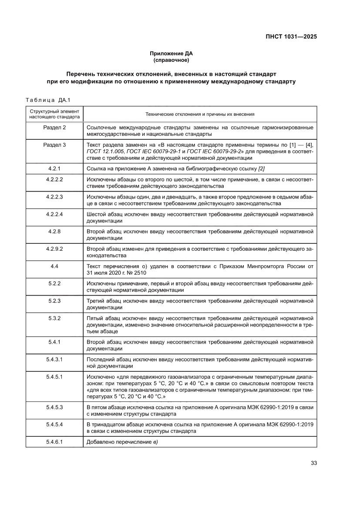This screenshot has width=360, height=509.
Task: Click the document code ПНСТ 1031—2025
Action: [292, 37]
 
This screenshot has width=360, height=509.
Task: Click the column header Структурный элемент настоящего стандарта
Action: [54, 114]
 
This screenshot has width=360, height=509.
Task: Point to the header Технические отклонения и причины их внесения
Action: [200, 114]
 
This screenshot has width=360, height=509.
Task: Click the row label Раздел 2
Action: [54, 128]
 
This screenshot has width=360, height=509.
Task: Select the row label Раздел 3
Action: [54, 145]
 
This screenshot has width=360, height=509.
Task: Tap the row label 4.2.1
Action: [54, 169]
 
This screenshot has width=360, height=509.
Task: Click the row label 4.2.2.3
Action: [54, 197]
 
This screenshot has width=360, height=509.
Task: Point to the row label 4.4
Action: [54, 266]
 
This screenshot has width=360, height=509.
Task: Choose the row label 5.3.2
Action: [54, 318]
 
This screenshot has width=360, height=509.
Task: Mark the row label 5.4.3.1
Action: [54, 360]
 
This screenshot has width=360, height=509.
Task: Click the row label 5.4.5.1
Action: [54, 377]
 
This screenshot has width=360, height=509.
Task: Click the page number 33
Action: [313, 463]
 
